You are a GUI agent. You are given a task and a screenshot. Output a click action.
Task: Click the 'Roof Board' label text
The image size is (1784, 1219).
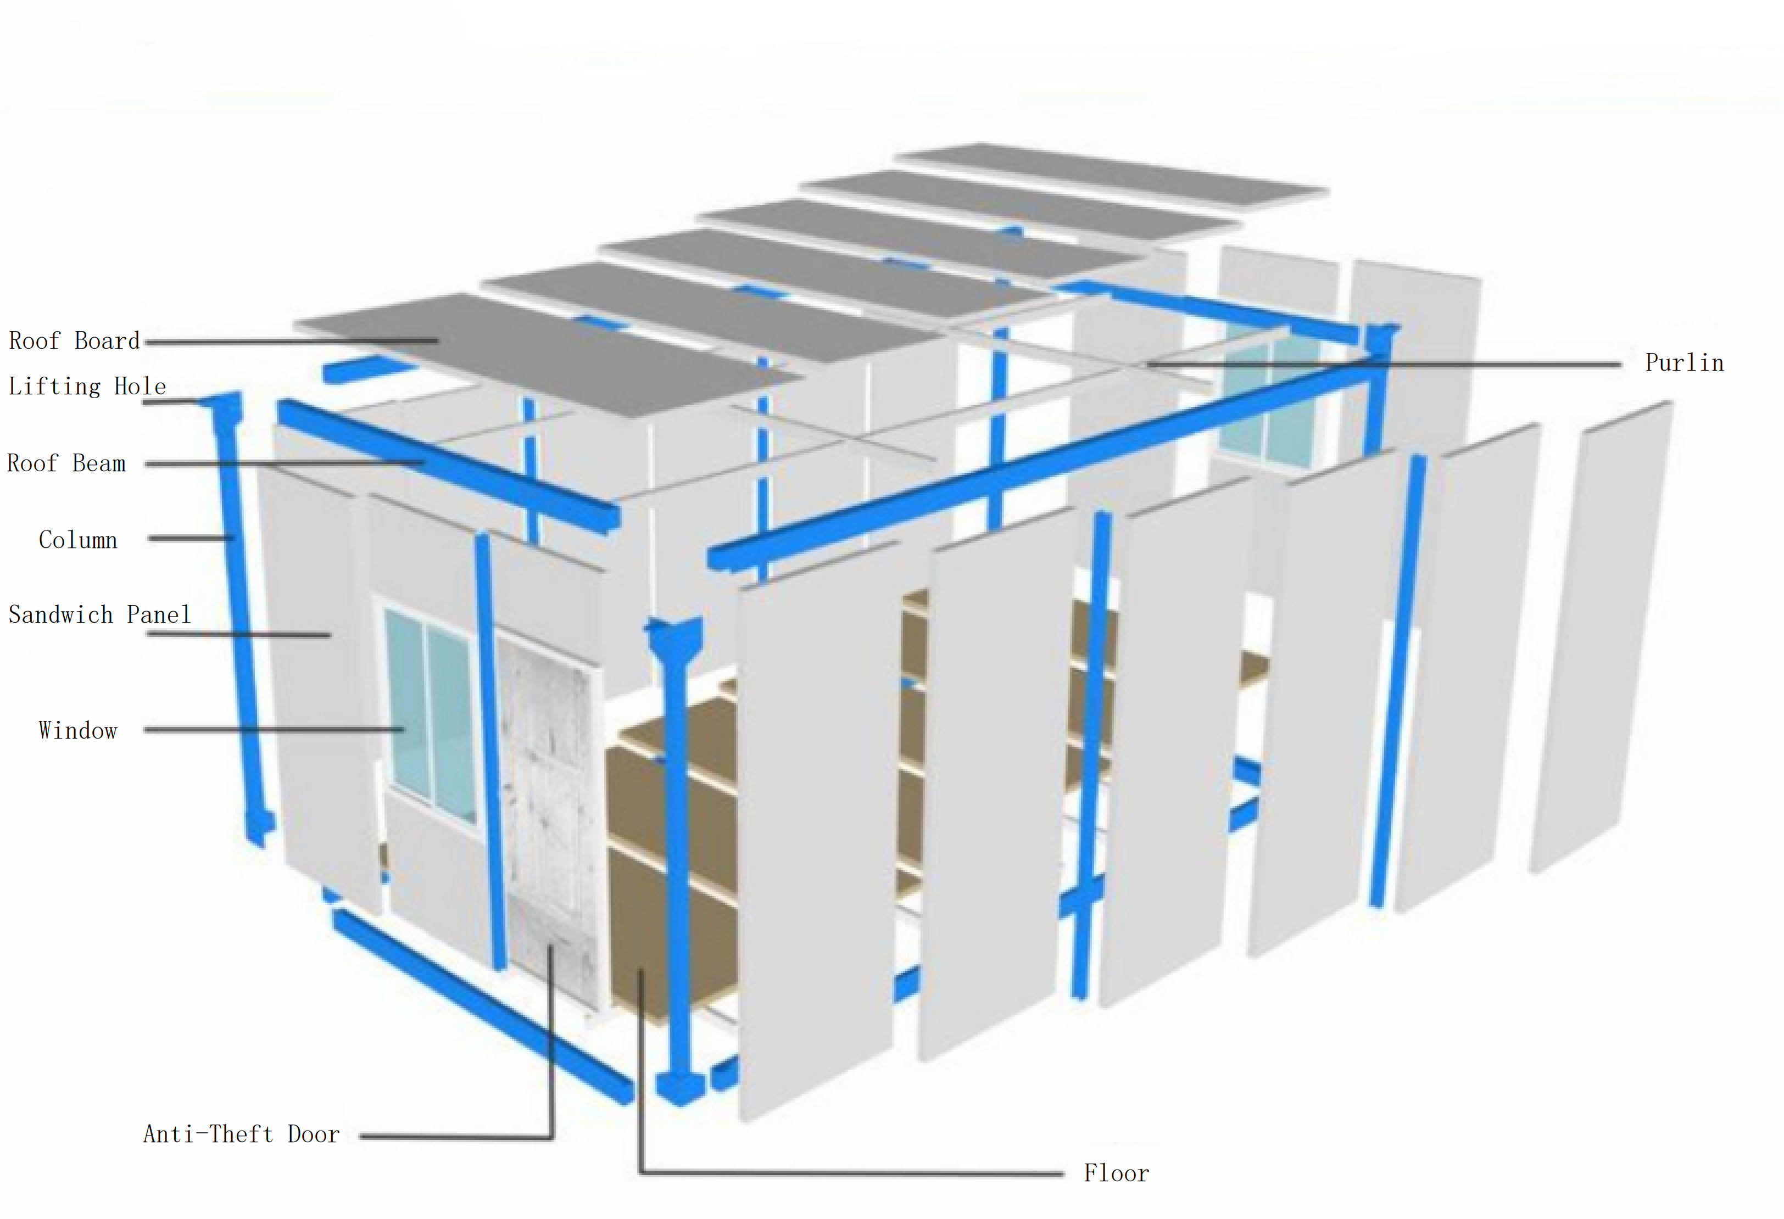[75, 341]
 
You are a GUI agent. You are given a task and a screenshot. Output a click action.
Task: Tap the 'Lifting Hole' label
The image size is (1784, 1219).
[87, 386]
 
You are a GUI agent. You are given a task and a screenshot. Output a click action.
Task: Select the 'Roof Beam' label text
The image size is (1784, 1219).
[66, 463]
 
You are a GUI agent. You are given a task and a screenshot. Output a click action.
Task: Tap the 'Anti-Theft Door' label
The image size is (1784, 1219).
[241, 1134]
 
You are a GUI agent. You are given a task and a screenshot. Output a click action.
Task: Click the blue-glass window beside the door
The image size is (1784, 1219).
[430, 714]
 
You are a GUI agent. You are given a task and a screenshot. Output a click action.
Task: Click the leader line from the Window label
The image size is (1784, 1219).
[274, 729]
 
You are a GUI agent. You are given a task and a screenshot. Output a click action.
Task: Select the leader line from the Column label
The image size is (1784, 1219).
[191, 538]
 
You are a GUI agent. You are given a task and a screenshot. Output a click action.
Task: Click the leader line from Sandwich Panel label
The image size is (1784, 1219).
[239, 635]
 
